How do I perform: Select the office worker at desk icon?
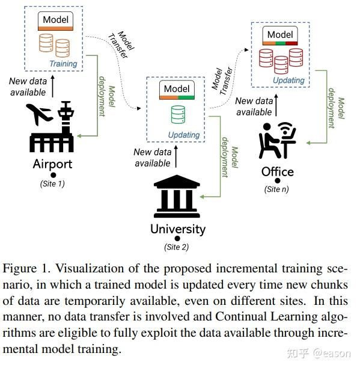pyautogui.click(x=277, y=141)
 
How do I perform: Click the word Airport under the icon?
pyautogui.click(x=52, y=164)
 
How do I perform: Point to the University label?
pyautogui.click(x=177, y=229)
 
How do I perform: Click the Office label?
pyautogui.click(x=277, y=172)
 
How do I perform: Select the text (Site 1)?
pyautogui.click(x=52, y=183)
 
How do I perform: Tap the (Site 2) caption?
pyautogui.click(x=177, y=247)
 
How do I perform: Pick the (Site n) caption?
pyautogui.click(x=277, y=189)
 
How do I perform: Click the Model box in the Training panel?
pyautogui.click(x=55, y=21)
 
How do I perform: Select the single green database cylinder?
pyautogui.click(x=177, y=114)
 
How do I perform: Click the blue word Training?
pyautogui.click(x=63, y=64)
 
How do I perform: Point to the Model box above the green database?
pyautogui.click(x=177, y=90)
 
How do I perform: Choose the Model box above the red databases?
pyautogui.click(x=280, y=35)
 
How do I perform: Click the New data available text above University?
pyautogui.click(x=152, y=158)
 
